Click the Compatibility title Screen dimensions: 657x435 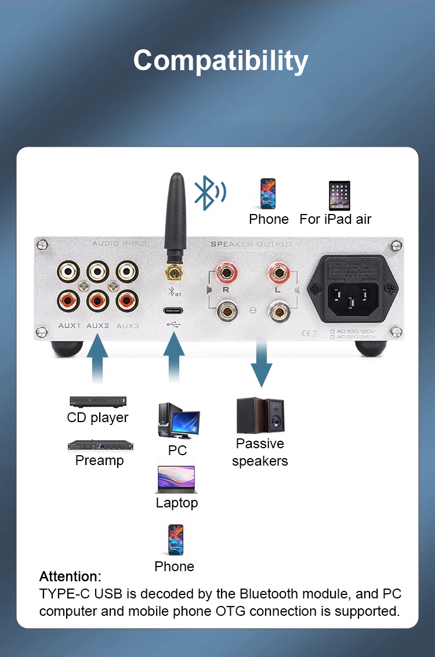pyautogui.click(x=220, y=61)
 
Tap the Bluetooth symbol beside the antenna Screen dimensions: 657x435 pyautogui.click(x=209, y=193)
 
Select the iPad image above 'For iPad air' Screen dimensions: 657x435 pyautogui.click(x=339, y=195)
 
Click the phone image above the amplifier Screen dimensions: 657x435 pyautogui.click(x=267, y=194)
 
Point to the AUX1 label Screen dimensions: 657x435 pyautogui.click(x=69, y=325)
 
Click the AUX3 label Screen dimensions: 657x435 pyautogui.click(x=128, y=325)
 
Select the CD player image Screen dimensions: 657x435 pyautogui.click(x=97, y=401)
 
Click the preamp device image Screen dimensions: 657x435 pyautogui.click(x=101, y=445)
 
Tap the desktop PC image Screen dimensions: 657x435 pyautogui.click(x=177, y=421)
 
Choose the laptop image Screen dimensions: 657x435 pyautogui.click(x=176, y=479)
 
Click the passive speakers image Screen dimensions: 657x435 pyautogui.click(x=260, y=415)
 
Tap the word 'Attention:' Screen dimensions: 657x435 pyautogui.click(x=70, y=576)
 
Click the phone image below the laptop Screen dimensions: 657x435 pyautogui.click(x=175, y=540)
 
